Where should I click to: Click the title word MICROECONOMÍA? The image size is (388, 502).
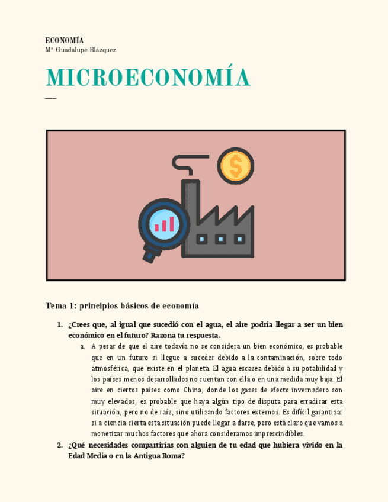click(x=147, y=78)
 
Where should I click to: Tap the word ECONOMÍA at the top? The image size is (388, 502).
click(x=65, y=40)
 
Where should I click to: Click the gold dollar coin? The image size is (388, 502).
click(x=235, y=166)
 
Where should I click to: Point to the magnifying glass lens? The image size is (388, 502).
click(x=164, y=223)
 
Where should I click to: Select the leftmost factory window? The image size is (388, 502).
click(x=202, y=239)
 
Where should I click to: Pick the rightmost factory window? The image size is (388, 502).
click(x=239, y=239)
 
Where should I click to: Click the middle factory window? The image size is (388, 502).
click(x=220, y=239)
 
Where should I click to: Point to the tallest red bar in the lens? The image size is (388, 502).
click(x=172, y=224)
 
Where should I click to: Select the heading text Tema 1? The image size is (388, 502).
click(x=61, y=306)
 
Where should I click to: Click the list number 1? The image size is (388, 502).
click(x=60, y=324)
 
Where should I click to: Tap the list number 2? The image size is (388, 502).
click(x=60, y=445)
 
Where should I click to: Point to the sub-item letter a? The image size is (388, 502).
click(x=82, y=346)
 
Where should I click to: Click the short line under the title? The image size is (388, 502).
click(x=50, y=98)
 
